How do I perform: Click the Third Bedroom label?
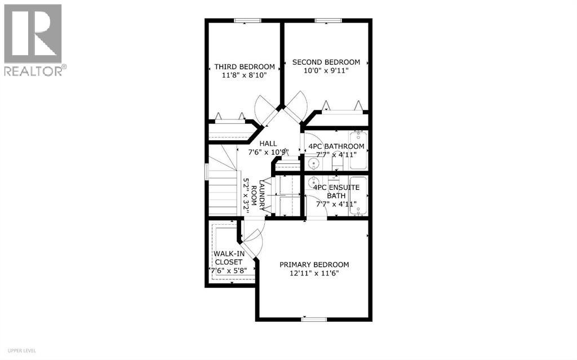click(245, 66)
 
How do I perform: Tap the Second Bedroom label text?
click(326, 62)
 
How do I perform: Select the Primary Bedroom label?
click(314, 265)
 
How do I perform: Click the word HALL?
click(268, 144)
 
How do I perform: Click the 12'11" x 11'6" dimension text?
click(314, 274)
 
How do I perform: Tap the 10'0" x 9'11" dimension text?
click(325, 71)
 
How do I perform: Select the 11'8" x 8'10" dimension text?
click(245, 75)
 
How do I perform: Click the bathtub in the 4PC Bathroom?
click(358, 150)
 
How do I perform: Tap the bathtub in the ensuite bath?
click(358, 195)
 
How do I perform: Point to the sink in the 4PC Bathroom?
click(313, 163)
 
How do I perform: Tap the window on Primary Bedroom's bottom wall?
click(314, 319)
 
